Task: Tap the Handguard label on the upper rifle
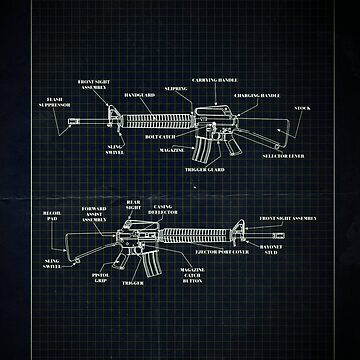[138, 96]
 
